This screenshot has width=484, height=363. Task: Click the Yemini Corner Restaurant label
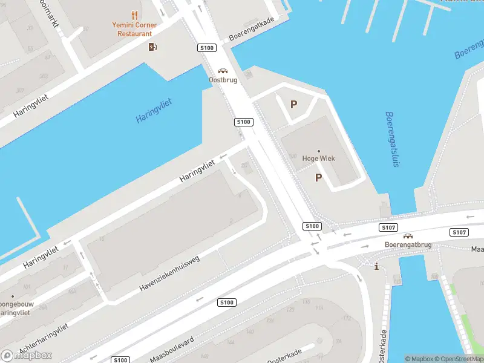pos(134,29)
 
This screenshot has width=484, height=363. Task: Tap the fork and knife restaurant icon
pos(134,15)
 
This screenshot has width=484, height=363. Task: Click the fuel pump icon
pos(153,47)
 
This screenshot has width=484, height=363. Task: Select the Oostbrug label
pos(223,80)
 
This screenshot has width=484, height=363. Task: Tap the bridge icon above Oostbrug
pos(223,70)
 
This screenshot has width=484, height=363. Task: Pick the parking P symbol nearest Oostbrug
pos(293,104)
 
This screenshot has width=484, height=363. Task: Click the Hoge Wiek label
pos(319,159)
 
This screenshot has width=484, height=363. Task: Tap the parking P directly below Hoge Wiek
pos(318,177)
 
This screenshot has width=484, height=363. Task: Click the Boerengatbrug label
pos(408,244)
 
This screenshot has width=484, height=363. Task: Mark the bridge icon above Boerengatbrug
pos(408,236)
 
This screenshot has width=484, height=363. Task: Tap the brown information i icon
pos(376,266)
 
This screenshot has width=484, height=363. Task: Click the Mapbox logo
pos(27,355)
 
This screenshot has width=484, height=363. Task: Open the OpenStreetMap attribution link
pos(460,359)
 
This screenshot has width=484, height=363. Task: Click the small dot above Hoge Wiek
pos(319,150)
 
